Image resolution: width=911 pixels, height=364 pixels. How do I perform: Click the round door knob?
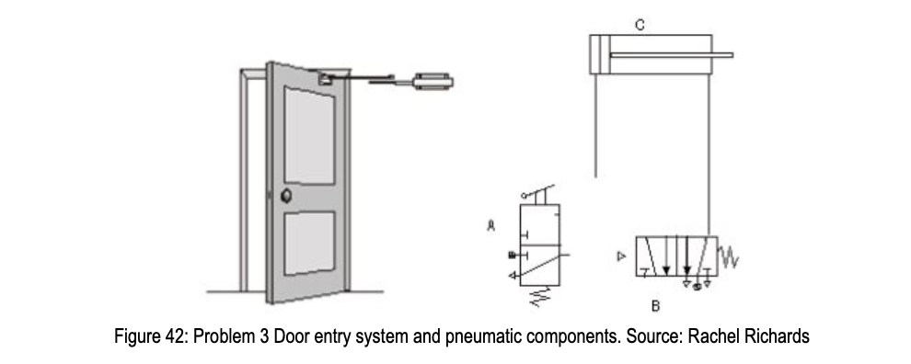coord(286,195)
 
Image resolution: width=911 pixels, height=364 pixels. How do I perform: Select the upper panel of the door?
coord(308,138)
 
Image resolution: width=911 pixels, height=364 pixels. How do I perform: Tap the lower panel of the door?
coord(308,246)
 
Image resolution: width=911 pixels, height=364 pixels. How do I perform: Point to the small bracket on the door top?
coord(325,79)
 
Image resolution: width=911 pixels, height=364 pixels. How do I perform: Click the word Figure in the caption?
coord(128,336)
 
